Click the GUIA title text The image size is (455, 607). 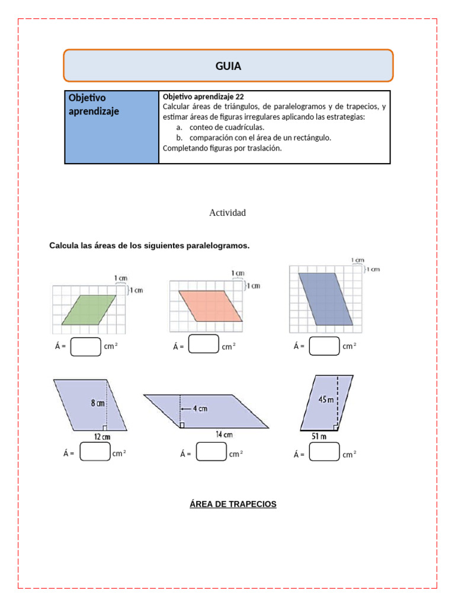[x=228, y=66]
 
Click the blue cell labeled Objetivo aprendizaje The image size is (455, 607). [x=111, y=127]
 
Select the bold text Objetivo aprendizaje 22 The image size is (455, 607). [x=203, y=97]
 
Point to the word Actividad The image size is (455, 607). [x=227, y=213]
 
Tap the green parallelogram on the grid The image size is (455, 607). [x=89, y=309]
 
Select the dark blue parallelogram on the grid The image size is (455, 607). [x=326, y=299]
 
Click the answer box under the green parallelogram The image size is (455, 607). [x=85, y=346]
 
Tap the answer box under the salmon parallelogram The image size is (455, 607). [x=204, y=344]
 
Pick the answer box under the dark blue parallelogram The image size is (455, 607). [x=324, y=346]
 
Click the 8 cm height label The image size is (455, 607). [x=98, y=403]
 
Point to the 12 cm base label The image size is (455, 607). [x=102, y=437]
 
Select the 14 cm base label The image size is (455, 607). [x=224, y=435]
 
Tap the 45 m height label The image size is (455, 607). [x=326, y=400]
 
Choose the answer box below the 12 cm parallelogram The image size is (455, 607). [x=95, y=452]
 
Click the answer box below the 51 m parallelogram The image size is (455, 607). [x=324, y=452]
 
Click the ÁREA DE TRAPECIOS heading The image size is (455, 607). [x=233, y=504]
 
